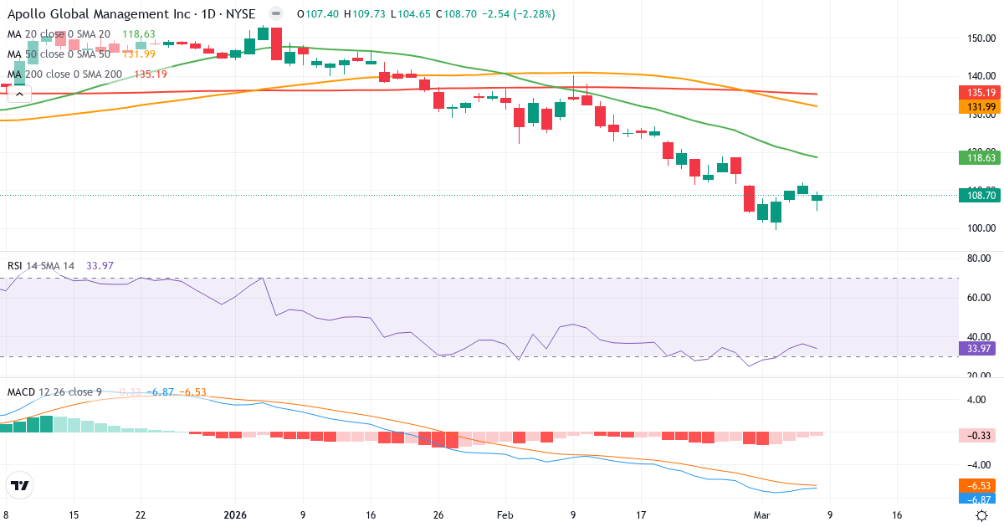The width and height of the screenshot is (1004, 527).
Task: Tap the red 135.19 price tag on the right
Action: pyautogui.click(x=979, y=93)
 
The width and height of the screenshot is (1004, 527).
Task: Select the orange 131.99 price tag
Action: pyautogui.click(x=979, y=107)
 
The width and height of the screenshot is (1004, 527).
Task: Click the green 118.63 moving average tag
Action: pyautogui.click(x=979, y=157)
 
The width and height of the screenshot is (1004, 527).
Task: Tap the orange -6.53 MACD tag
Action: pyautogui.click(x=977, y=485)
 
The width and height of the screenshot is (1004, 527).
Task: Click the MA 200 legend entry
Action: pyautogui.click(x=65, y=74)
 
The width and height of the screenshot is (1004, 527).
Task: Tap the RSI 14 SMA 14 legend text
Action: pyautogui.click(x=41, y=265)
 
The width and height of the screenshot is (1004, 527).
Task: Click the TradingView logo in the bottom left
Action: pyautogui.click(x=19, y=485)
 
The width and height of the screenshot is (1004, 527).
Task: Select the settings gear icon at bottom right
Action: pyautogui.click(x=983, y=515)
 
